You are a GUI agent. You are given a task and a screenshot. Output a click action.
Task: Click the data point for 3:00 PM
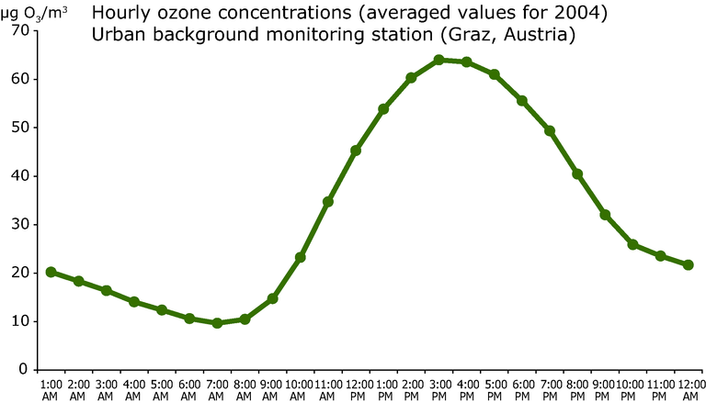(x=438, y=60)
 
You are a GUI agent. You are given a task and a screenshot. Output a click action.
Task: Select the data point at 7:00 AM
(x=217, y=323)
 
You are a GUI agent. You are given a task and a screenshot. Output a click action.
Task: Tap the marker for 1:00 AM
(x=51, y=272)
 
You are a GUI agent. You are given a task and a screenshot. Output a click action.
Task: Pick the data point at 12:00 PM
(x=356, y=151)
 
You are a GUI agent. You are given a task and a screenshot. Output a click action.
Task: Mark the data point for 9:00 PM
(x=605, y=215)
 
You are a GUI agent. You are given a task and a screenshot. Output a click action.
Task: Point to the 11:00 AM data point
(x=328, y=201)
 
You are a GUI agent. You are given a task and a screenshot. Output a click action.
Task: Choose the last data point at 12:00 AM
(x=688, y=264)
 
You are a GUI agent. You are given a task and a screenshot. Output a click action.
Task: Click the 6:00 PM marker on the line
(x=522, y=100)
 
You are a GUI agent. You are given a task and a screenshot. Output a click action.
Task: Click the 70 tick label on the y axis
(x=20, y=30)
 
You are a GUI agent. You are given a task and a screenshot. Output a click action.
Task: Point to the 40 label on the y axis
(x=20, y=175)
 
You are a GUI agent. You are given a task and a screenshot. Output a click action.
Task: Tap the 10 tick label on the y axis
(x=20, y=321)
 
